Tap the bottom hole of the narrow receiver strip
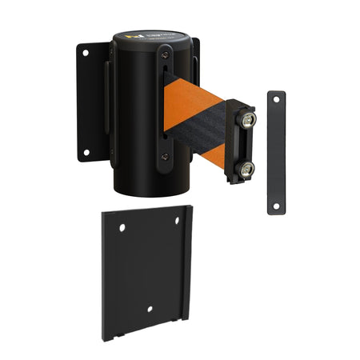pos(276,205)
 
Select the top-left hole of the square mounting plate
pos(122,228)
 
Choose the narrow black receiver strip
pos(276,152)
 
